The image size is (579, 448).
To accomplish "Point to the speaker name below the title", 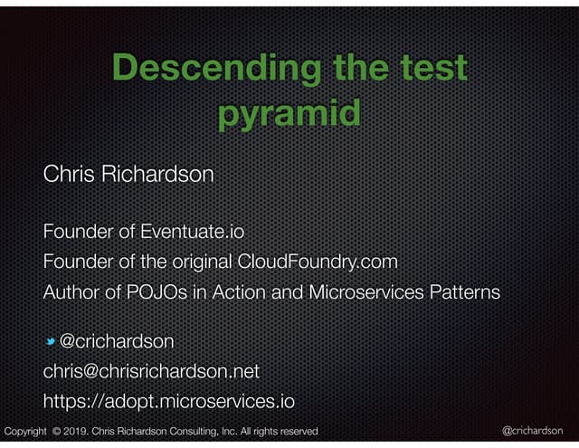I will tap(128, 173).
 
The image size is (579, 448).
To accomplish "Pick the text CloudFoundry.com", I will tap(318, 262).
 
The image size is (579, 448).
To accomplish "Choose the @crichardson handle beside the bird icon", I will tap(117, 341).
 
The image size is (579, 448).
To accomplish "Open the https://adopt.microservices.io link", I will tap(169, 401).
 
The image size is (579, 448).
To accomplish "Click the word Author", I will tap(69, 293).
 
